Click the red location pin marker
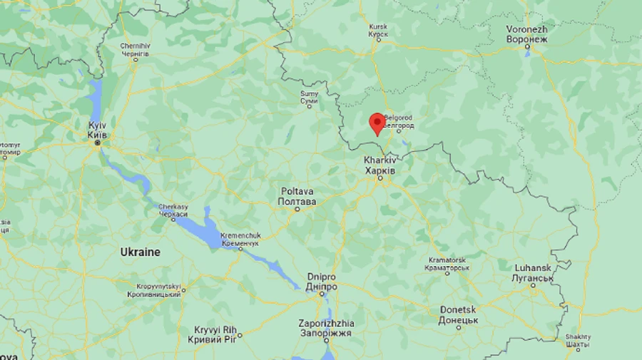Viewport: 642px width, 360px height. [x=377, y=123]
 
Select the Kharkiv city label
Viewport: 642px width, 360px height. [x=379, y=166]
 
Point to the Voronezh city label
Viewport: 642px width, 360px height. [x=526, y=34]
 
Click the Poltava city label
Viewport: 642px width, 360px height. [x=297, y=196]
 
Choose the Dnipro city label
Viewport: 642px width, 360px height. [x=322, y=281]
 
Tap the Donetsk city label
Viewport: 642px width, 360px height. [x=458, y=314]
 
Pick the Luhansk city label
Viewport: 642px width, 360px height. [x=533, y=272]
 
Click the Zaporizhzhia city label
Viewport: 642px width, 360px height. [x=327, y=328]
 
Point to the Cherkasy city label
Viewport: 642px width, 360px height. [x=173, y=210]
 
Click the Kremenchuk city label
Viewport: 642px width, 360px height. [x=239, y=239]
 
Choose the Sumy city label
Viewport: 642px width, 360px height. [x=308, y=98]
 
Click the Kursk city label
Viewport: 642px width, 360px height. [x=378, y=31]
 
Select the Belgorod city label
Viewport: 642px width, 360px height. [x=399, y=121]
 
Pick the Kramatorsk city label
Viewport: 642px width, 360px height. [x=447, y=264]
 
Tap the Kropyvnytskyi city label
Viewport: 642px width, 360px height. [x=154, y=291]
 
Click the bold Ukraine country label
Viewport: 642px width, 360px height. [x=140, y=252]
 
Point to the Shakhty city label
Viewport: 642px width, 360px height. [x=578, y=341]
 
